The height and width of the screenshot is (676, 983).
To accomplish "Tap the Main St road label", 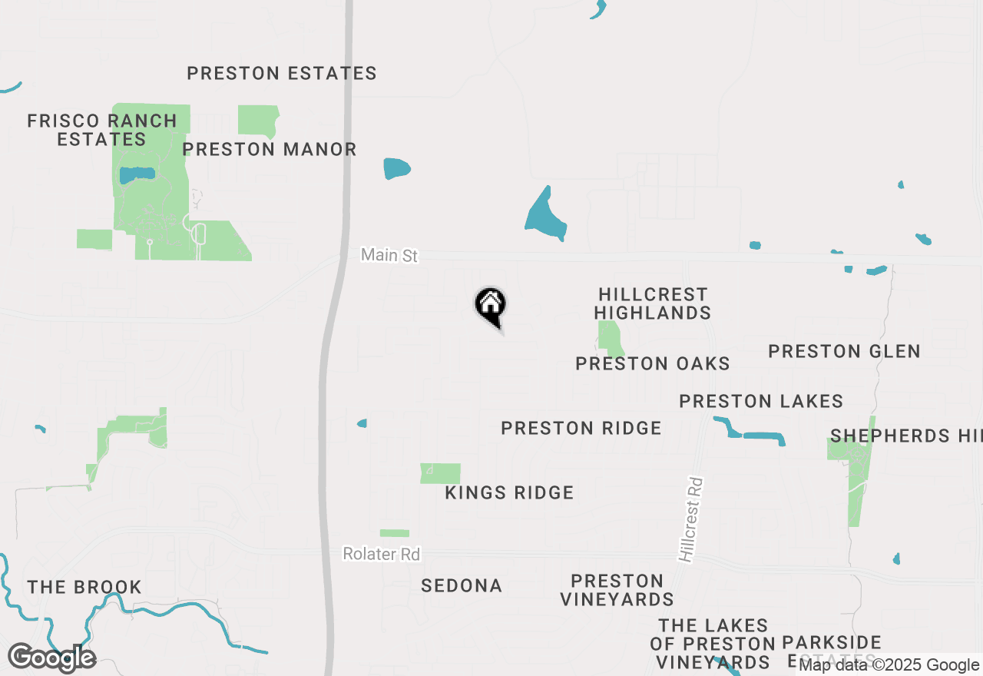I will point(389,255).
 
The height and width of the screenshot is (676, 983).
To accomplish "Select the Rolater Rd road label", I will point(382,554).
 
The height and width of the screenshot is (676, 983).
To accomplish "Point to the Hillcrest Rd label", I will point(691,519).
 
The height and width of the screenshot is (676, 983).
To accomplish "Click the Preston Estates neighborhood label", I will point(282,74).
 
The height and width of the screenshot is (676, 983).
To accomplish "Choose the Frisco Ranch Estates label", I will point(102,130).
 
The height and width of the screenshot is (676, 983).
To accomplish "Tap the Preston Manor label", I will point(270,149).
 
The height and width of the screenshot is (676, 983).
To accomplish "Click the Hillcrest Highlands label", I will point(652,303).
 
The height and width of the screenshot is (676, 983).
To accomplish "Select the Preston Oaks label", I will point(653,363).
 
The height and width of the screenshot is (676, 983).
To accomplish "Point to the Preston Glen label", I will point(844,351).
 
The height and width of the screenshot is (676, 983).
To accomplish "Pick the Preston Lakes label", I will point(761,401).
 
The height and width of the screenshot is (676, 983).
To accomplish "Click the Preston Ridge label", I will point(581,428).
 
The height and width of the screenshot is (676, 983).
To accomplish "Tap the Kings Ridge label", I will point(509,492).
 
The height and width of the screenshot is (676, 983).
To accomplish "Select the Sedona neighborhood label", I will point(462,586).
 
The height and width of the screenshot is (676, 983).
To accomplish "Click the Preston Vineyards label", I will point(617,590).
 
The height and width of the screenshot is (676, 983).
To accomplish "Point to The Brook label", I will point(84,588).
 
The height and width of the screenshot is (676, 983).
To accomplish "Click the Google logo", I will point(51,658).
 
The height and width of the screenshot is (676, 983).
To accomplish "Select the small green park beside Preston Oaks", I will point(611,338).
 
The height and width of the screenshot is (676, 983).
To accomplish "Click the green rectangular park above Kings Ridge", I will point(440,473).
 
